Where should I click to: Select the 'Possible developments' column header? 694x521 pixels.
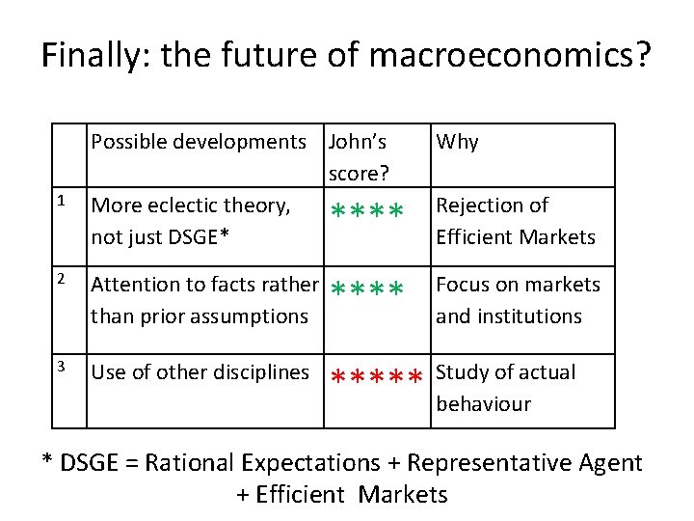198,142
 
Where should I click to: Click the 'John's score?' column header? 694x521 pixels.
358,157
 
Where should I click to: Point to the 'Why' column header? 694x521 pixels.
457,142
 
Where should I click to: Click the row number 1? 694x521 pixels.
61,202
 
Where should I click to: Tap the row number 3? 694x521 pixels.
61,367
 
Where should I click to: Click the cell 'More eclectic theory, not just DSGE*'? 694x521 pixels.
190,221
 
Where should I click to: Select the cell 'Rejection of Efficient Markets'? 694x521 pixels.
516,221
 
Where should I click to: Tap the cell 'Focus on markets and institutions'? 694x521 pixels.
518,300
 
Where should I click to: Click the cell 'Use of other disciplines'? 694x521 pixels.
200,372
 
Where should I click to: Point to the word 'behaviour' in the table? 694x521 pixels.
483,403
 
